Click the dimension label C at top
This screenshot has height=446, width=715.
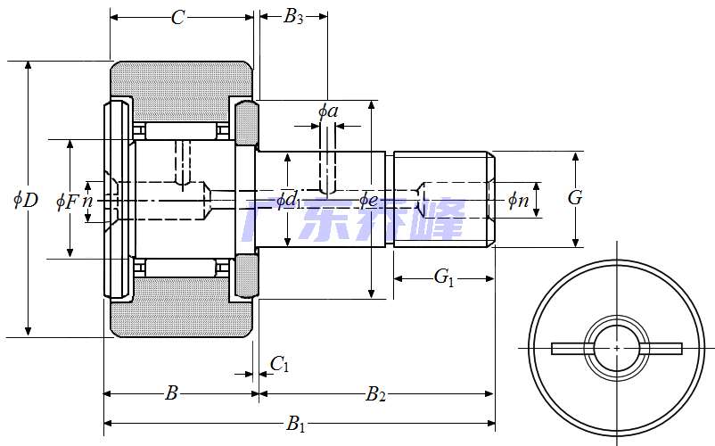tap(177, 18)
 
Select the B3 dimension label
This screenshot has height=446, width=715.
tap(293, 17)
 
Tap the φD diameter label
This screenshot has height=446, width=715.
tap(26, 200)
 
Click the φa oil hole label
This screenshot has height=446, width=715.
tap(328, 111)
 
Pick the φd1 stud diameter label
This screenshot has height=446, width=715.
tap(287, 201)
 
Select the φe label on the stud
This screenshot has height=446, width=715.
tap(369, 201)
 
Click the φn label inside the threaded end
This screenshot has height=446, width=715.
tap(518, 201)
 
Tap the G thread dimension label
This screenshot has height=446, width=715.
tap(575, 198)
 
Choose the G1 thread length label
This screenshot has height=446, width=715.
tap(444, 278)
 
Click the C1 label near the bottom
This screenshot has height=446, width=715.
tap(279, 364)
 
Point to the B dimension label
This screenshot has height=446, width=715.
tap(172, 393)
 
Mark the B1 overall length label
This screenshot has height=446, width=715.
tap(295, 425)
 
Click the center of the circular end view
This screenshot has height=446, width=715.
tap(617, 348)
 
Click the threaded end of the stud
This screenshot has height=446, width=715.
tap(443, 199)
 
